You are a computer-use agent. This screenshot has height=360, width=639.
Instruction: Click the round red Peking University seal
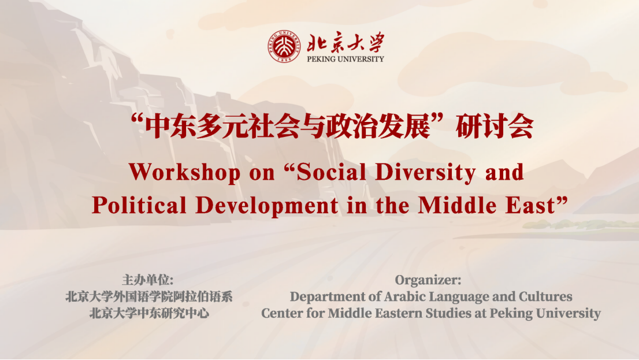click(284, 46)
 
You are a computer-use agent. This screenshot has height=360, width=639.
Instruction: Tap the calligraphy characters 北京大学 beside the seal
click(345, 42)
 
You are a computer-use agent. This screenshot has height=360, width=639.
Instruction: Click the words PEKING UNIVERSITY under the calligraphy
click(345, 59)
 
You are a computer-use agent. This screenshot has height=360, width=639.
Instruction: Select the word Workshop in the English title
click(185, 172)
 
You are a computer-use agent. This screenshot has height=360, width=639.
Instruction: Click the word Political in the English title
click(139, 205)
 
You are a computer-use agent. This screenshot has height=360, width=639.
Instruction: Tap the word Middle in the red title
click(457, 205)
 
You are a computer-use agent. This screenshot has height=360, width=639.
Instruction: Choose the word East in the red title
click(530, 206)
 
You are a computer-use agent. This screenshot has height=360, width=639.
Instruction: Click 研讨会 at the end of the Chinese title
click(495, 127)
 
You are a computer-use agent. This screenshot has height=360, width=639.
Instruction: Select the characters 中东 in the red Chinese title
click(170, 127)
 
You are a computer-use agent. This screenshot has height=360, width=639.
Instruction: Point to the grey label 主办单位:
click(147, 280)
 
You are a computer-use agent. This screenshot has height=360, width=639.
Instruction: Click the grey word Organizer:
click(428, 280)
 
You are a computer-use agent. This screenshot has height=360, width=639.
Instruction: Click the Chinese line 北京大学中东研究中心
click(149, 313)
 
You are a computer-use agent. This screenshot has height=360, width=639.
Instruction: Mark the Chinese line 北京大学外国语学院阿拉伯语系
click(148, 296)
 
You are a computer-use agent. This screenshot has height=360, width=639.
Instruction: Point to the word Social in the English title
click(331, 172)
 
